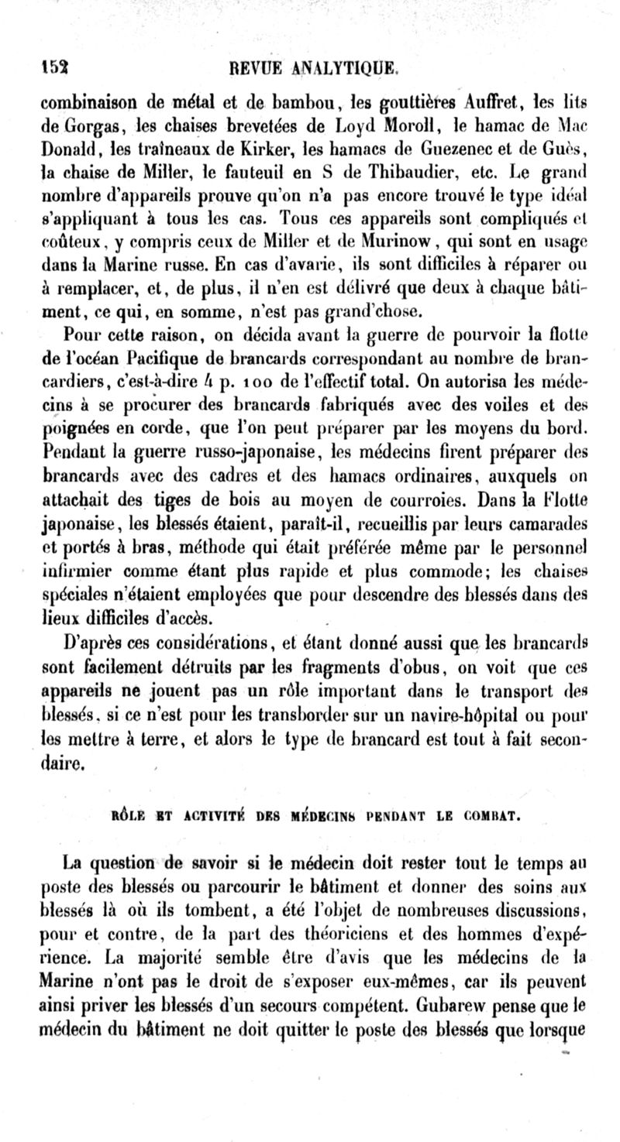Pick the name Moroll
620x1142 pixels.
[402, 124]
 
